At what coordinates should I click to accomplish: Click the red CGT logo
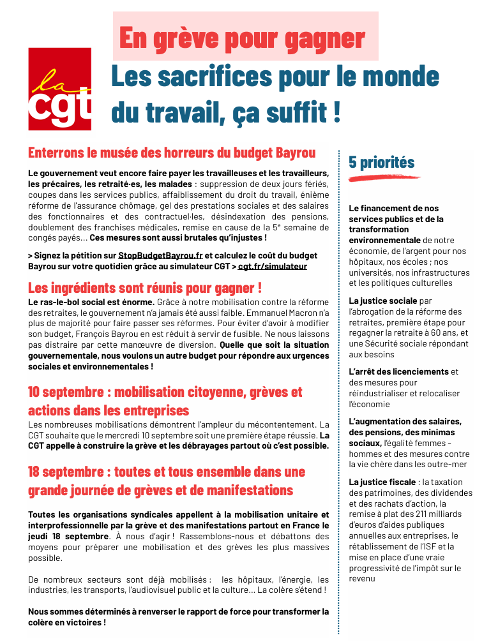[x=59, y=89]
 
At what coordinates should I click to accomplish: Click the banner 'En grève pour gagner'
[x=242, y=38]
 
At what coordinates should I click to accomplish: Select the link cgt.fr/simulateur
[x=273, y=266]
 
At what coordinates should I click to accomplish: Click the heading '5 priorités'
[x=381, y=162]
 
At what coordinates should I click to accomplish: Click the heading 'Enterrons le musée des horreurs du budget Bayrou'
[x=172, y=153]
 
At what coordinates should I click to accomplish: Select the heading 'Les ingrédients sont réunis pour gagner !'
[x=145, y=288]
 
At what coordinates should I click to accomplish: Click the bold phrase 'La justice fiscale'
[x=382, y=482]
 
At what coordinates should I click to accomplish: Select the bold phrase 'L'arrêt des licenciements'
[x=398, y=371]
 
